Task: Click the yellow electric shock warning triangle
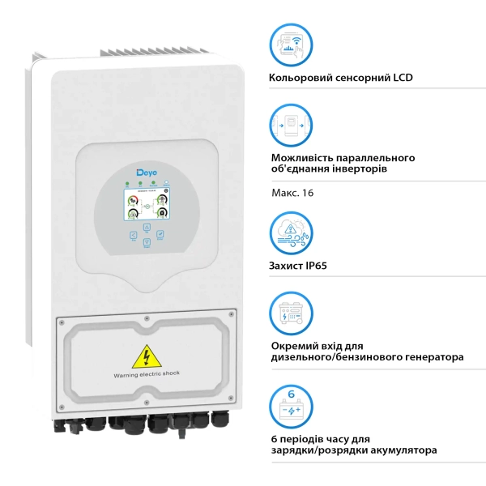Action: (146, 357)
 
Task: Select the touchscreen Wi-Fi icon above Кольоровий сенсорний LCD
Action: (291, 45)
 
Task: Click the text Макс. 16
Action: (291, 193)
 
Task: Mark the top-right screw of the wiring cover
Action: (232, 313)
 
